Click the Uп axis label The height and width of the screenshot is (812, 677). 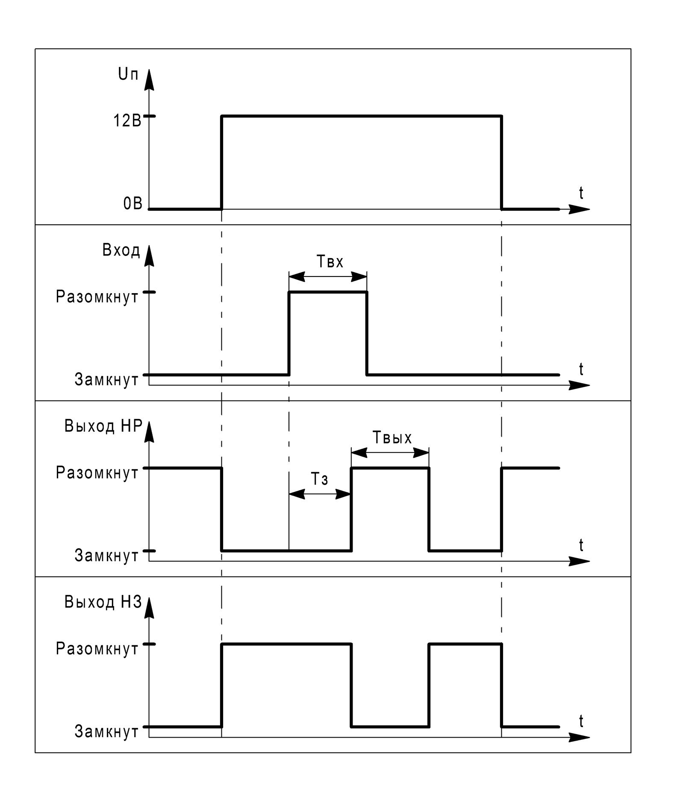[x=128, y=75]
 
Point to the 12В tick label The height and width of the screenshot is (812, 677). [x=127, y=121]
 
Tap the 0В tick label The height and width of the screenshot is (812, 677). [x=132, y=204]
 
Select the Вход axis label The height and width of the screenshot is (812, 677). [x=121, y=250]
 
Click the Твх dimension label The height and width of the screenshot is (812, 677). [x=330, y=261]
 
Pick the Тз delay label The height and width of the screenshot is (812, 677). [x=319, y=479]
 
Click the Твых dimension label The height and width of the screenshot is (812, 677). [x=392, y=438]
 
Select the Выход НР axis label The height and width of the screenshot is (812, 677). [x=103, y=426]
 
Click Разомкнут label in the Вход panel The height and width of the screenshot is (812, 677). [x=97, y=297]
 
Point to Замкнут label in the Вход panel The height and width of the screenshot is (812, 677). [x=106, y=380]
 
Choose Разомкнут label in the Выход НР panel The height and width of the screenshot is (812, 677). [x=97, y=473]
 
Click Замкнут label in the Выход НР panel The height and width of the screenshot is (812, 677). [x=106, y=556]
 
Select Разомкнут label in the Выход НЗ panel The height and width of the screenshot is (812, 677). [x=97, y=649]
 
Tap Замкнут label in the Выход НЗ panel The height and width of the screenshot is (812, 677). [x=106, y=732]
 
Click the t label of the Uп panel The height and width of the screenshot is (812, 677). [x=581, y=193]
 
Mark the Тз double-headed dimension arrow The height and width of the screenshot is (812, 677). [x=320, y=494]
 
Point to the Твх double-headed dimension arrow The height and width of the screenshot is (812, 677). [x=328, y=277]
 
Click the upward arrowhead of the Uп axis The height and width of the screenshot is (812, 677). [x=149, y=80]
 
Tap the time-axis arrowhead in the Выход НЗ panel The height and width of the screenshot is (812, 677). [x=580, y=738]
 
